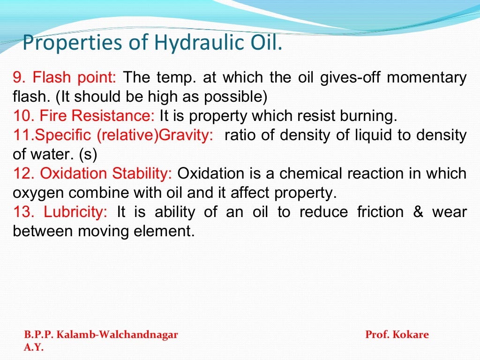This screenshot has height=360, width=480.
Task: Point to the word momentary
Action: [427, 77]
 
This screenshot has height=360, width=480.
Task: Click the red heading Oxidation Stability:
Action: [106, 173]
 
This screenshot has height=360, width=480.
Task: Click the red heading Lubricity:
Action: [75, 212]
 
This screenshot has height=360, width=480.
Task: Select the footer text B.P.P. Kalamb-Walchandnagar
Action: [101, 335]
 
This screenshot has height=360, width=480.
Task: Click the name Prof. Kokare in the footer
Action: [397, 335]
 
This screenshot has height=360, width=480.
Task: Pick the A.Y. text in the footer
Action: [33, 348]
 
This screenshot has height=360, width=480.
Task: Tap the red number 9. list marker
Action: [19, 77]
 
